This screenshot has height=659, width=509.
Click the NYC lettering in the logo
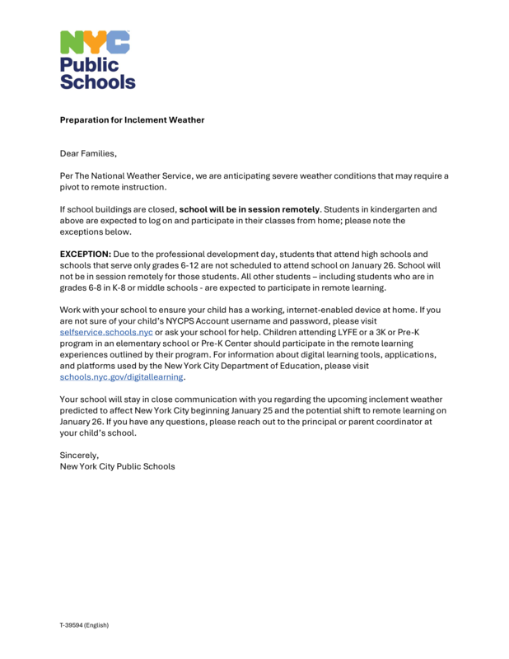96,41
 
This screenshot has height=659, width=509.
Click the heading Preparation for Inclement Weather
132,120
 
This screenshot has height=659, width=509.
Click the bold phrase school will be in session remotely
249,209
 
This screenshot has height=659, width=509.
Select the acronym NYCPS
176,321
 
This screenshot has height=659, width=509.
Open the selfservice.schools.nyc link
106,332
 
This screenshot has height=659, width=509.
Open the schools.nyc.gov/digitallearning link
122,376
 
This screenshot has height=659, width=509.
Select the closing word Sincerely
79,455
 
